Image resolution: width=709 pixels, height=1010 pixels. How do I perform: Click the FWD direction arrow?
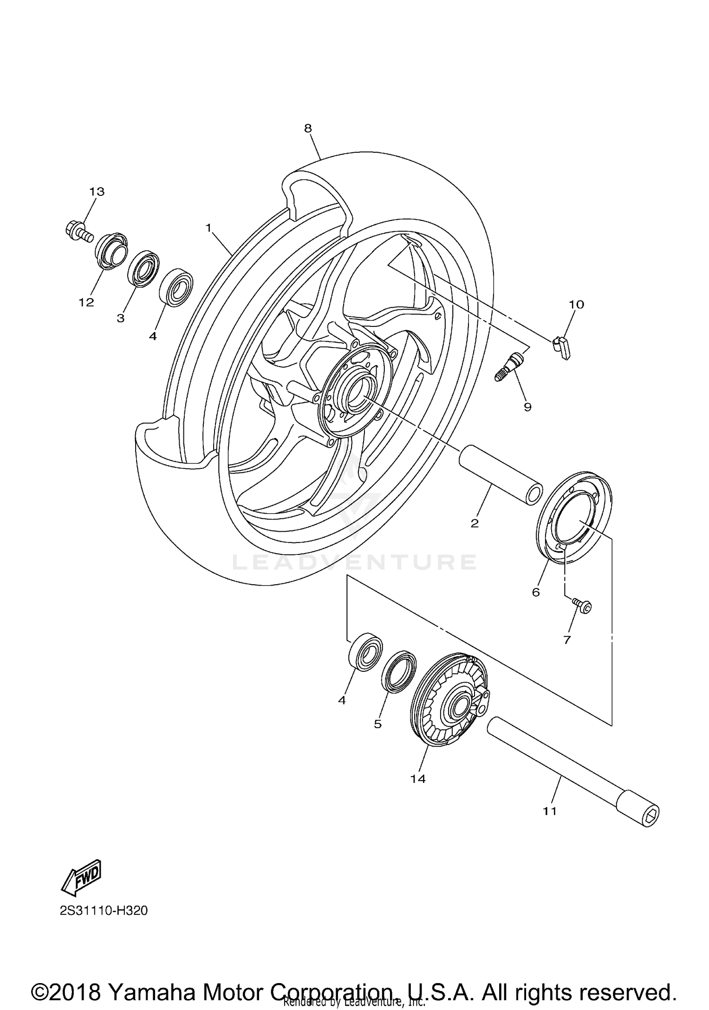tap(82, 877)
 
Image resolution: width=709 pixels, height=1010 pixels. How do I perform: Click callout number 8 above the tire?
tap(308, 128)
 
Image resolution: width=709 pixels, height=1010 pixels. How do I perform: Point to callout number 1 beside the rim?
tap(208, 228)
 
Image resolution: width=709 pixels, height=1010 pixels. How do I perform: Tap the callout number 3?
tap(121, 318)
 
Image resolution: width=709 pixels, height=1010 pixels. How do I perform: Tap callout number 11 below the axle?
tap(549, 811)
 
